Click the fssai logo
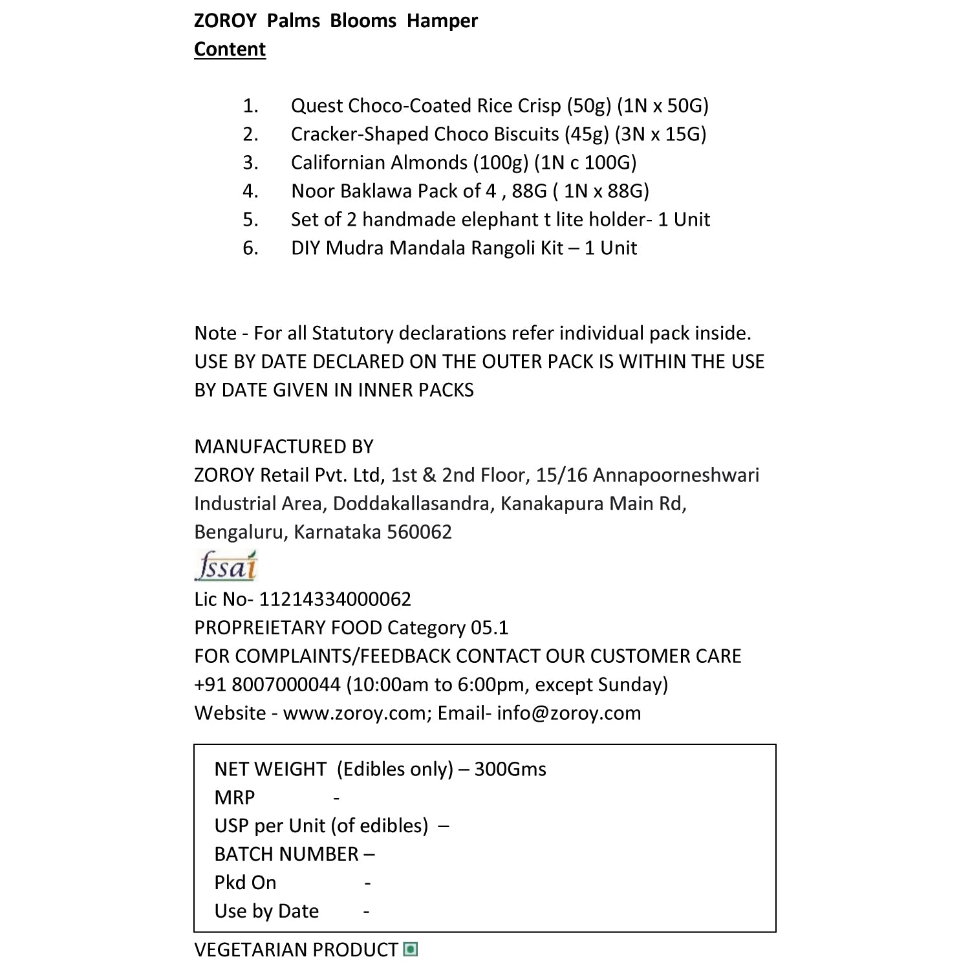[x=226, y=566]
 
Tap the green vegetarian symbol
[x=410, y=949]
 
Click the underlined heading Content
[x=230, y=50]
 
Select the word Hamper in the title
[x=442, y=21]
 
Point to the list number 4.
[x=250, y=191]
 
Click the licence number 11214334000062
[x=335, y=599]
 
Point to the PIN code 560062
[x=419, y=532]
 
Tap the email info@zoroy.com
[x=568, y=713]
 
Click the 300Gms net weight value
[x=510, y=769]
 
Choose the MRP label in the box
[x=234, y=797]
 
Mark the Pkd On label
[x=245, y=883]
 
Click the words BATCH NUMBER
[x=286, y=854]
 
